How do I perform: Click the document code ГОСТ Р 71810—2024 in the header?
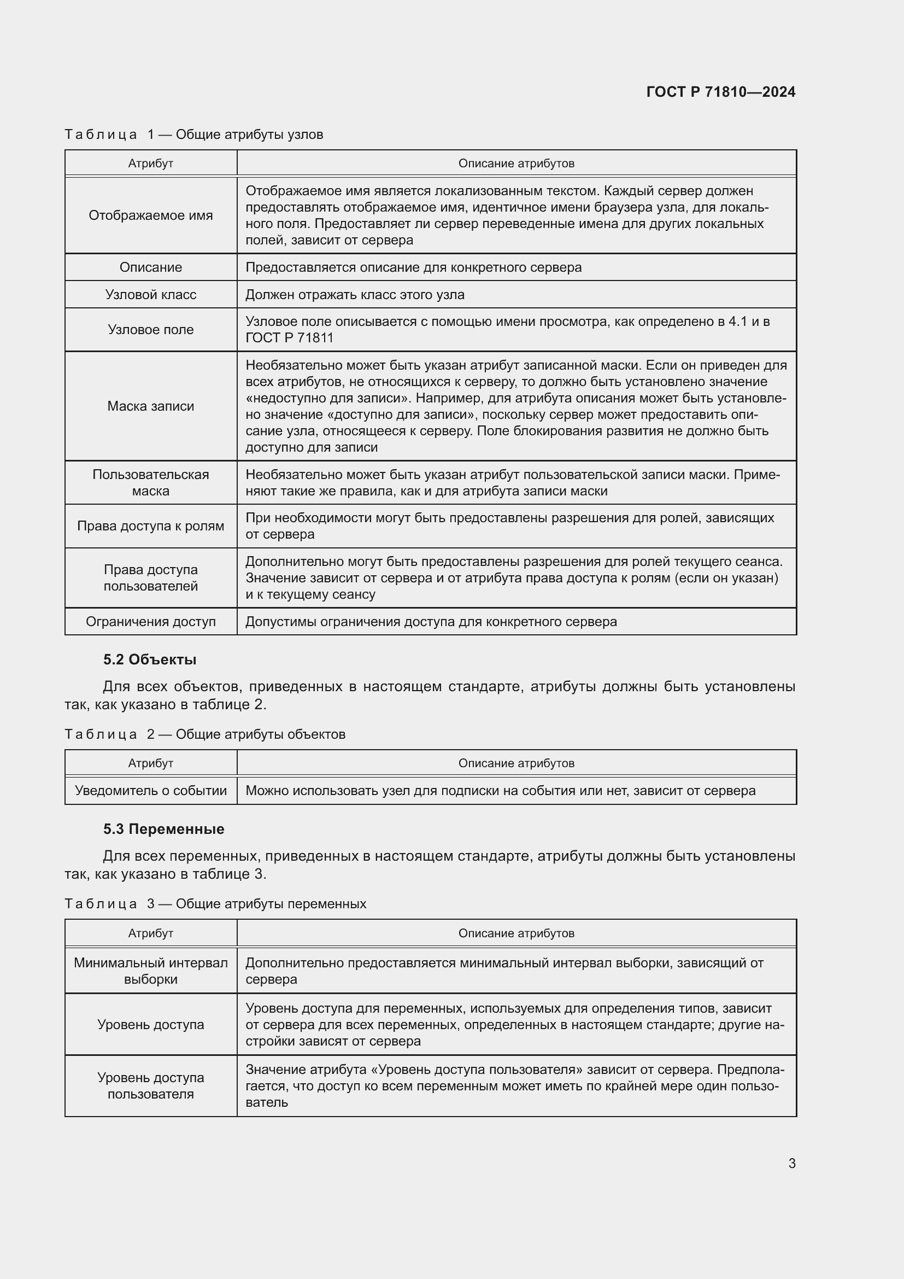720,92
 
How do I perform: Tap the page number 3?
791,1163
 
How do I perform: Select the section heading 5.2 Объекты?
150,659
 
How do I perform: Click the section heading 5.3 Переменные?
163,829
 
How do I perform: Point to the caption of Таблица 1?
193,135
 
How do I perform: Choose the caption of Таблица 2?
205,734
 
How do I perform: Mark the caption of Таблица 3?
215,903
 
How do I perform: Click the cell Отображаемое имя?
150,215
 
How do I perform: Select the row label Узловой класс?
150,294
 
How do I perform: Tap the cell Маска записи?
150,406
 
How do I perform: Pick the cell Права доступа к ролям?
150,526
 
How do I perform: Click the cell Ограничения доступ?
150,622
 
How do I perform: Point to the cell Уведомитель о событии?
150,791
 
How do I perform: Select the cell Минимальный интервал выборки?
150,971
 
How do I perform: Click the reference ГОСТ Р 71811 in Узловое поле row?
290,337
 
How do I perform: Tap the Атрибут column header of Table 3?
150,933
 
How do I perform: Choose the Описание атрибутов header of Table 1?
516,163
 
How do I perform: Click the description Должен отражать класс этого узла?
355,295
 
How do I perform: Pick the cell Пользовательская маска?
150,482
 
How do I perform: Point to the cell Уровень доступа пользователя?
150,1086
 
